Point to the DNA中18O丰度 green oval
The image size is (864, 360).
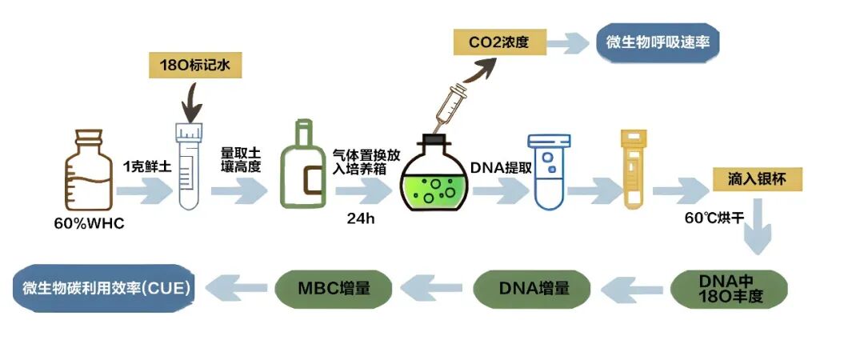point(729,287)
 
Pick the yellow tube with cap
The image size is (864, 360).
point(633,170)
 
